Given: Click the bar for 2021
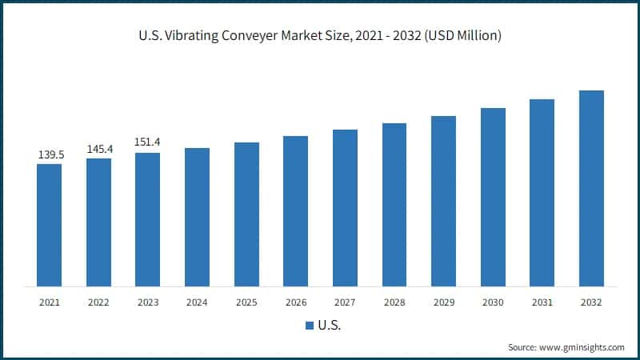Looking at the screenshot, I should pyautogui.click(x=50, y=225).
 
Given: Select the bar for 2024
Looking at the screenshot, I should pyautogui.click(x=197, y=217).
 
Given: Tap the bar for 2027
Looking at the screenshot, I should pyautogui.click(x=345, y=208).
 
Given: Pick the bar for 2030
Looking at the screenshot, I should pyautogui.click(x=493, y=197).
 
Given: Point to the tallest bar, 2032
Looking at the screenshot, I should pyautogui.click(x=591, y=188).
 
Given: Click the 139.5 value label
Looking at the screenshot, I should pyautogui.click(x=50, y=154).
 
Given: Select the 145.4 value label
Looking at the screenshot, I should pyautogui.click(x=99, y=149).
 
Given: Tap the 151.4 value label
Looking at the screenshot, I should pyautogui.click(x=148, y=142).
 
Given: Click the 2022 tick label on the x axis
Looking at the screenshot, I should pyautogui.click(x=99, y=302).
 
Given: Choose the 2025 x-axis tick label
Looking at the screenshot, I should pyautogui.click(x=246, y=302).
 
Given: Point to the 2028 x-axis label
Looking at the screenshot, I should pyautogui.click(x=394, y=302).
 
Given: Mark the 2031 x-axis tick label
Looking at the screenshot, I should pyautogui.click(x=542, y=302).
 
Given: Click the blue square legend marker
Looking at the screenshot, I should pyautogui.click(x=309, y=326).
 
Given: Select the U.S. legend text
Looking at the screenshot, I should pyautogui.click(x=330, y=326).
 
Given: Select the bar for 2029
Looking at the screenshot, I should pyautogui.click(x=443, y=201).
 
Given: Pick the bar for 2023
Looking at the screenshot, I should pyautogui.click(x=148, y=219).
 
